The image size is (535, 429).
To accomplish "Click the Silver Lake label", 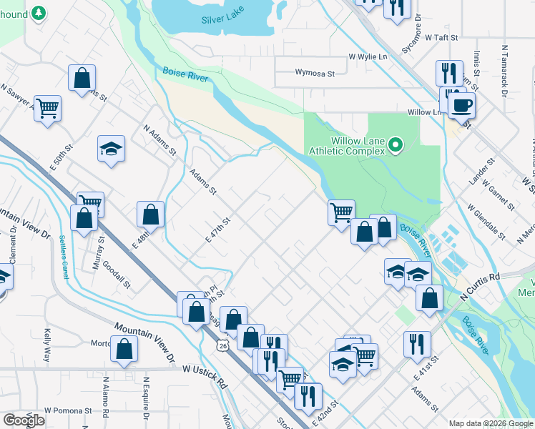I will coord(222,19).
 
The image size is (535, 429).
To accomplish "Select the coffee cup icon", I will coord(461,106).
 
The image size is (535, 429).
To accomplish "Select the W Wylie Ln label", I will coord(368,56).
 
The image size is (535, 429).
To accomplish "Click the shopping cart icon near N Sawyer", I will coord(48,109).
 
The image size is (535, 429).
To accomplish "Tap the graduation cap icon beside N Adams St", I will coord(111,149).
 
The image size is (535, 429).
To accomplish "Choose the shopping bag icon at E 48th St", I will coord(151,214).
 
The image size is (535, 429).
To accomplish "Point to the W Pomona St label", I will coord(68,410).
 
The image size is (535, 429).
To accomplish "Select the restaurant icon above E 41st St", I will coord(417,344).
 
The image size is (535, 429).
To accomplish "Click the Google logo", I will coord(24,420).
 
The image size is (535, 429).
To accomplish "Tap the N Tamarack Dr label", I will coord(504,71).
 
